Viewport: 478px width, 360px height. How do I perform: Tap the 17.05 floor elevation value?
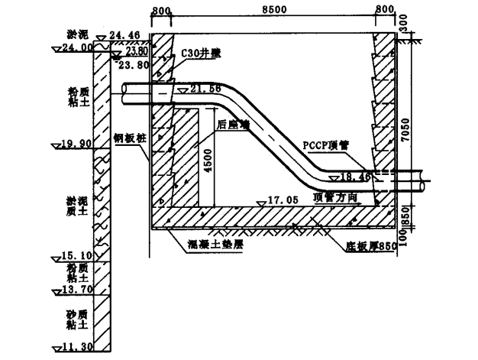pyautogui.click(x=285, y=200)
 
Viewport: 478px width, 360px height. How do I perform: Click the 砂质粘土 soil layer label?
pyautogui.click(x=79, y=320)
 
